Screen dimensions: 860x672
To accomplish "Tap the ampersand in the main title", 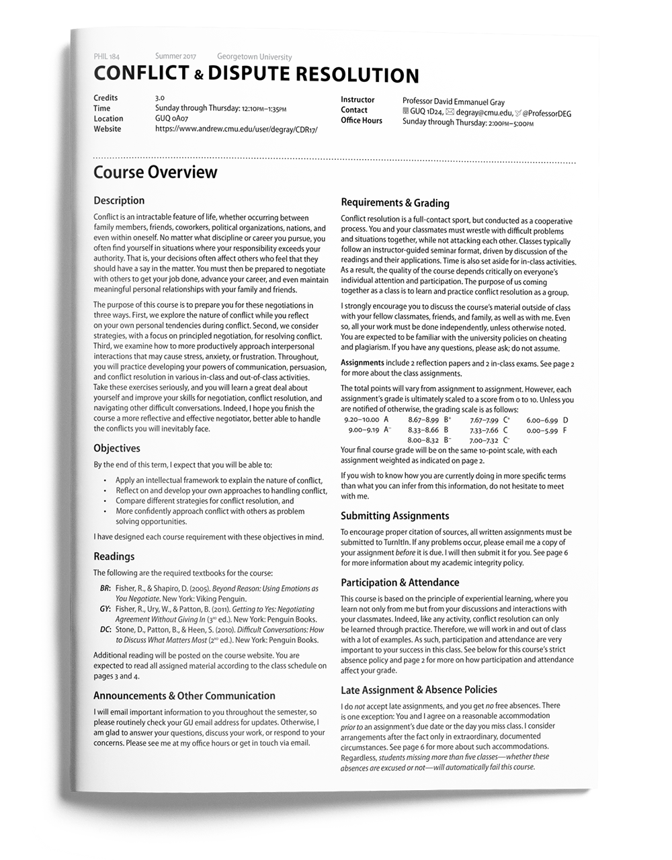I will coord(198,76).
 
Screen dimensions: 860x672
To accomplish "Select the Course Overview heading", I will coord(155,172).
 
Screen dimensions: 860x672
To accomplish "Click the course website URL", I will coord(236,129).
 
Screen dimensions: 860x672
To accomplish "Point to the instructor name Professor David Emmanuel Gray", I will coord(453,102).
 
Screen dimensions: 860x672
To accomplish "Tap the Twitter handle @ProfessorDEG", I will coord(546,114).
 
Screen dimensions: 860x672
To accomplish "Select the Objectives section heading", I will coord(117,448).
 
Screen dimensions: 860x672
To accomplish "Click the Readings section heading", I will coord(114,556).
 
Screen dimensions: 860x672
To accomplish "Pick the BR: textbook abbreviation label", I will coord(105,589).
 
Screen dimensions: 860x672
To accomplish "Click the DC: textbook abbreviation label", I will coord(105,630).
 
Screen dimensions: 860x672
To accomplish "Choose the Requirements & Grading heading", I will coord(394,203).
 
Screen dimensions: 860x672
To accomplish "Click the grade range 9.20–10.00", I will coord(361,420).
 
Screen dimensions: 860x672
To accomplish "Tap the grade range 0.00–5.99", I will coord(542,430).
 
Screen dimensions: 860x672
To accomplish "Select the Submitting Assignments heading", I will coord(394,516).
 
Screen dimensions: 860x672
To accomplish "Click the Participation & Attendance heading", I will coord(400,583).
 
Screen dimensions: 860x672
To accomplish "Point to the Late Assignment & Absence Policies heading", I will coord(419,690).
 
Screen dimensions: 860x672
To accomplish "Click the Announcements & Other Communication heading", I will coord(184,696).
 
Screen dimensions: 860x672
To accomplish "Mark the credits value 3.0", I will coord(159,97).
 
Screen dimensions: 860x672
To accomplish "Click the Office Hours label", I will coord(361,121).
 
